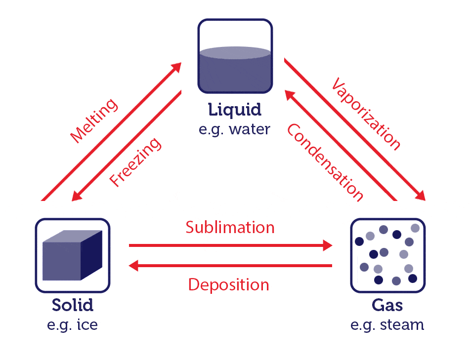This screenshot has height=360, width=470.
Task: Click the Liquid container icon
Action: pyautogui.click(x=235, y=56)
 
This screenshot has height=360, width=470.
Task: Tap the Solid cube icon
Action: pyautogui.click(x=72, y=255)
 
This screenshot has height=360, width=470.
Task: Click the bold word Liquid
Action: pyautogui.click(x=235, y=110)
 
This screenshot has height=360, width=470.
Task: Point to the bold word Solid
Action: pyautogui.click(x=73, y=305)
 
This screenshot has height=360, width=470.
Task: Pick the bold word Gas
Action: pyautogui.click(x=387, y=305)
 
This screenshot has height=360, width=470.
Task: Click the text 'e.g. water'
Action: pyautogui.click(x=235, y=129)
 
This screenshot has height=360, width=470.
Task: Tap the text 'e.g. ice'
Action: pyautogui.click(x=73, y=325)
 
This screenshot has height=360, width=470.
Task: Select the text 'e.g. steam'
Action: pyautogui.click(x=387, y=325)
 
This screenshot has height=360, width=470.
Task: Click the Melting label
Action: pyautogui.click(x=94, y=121)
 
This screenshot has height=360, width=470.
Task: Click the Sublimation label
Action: pyautogui.click(x=230, y=227)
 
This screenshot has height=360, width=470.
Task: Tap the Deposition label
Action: pyautogui.click(x=228, y=285)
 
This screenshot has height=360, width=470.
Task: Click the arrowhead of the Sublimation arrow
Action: pyautogui.click(x=327, y=245)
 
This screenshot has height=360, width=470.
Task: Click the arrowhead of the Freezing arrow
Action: pyautogui.click(x=77, y=196)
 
